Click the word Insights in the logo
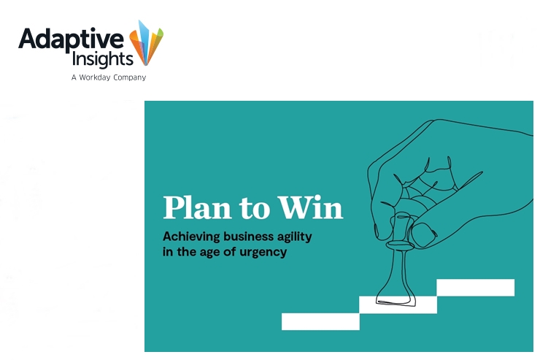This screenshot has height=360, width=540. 102,59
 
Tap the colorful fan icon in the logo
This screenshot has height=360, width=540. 146,42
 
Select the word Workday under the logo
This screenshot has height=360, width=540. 94,77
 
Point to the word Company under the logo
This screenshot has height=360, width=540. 129,77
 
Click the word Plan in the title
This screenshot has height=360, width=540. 197,207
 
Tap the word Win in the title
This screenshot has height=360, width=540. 310,207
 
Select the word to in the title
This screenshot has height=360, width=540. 254,209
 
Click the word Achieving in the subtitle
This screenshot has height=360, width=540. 191,237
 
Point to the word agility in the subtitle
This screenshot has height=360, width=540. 295,237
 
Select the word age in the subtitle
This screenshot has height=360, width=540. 209,253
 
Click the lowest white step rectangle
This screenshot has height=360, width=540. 320,321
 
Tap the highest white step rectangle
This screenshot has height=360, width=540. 476,288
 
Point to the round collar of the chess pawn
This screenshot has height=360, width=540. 400,245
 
